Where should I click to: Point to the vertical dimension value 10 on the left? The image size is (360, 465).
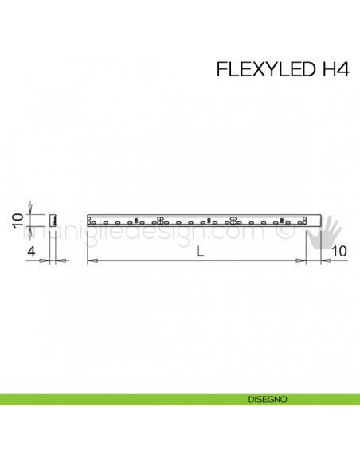[15, 220]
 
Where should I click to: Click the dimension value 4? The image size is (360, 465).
[31, 252]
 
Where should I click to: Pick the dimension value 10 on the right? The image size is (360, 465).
[338, 252]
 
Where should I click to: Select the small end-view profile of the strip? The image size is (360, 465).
[53, 220]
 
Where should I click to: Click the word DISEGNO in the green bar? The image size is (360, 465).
[262, 398]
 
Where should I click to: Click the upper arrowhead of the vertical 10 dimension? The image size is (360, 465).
[29, 210]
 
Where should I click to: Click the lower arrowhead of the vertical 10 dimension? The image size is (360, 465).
[29, 229]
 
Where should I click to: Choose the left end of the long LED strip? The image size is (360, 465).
[88, 220]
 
